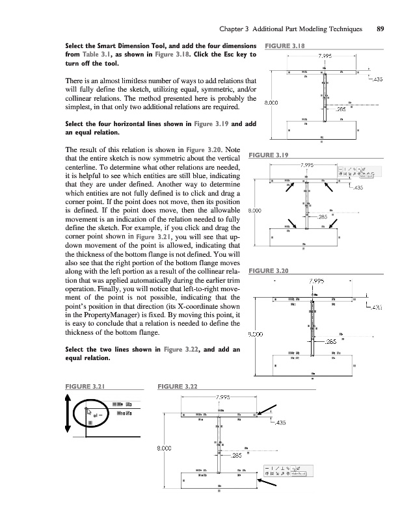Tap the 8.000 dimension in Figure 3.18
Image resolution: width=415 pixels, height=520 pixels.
click(271, 103)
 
